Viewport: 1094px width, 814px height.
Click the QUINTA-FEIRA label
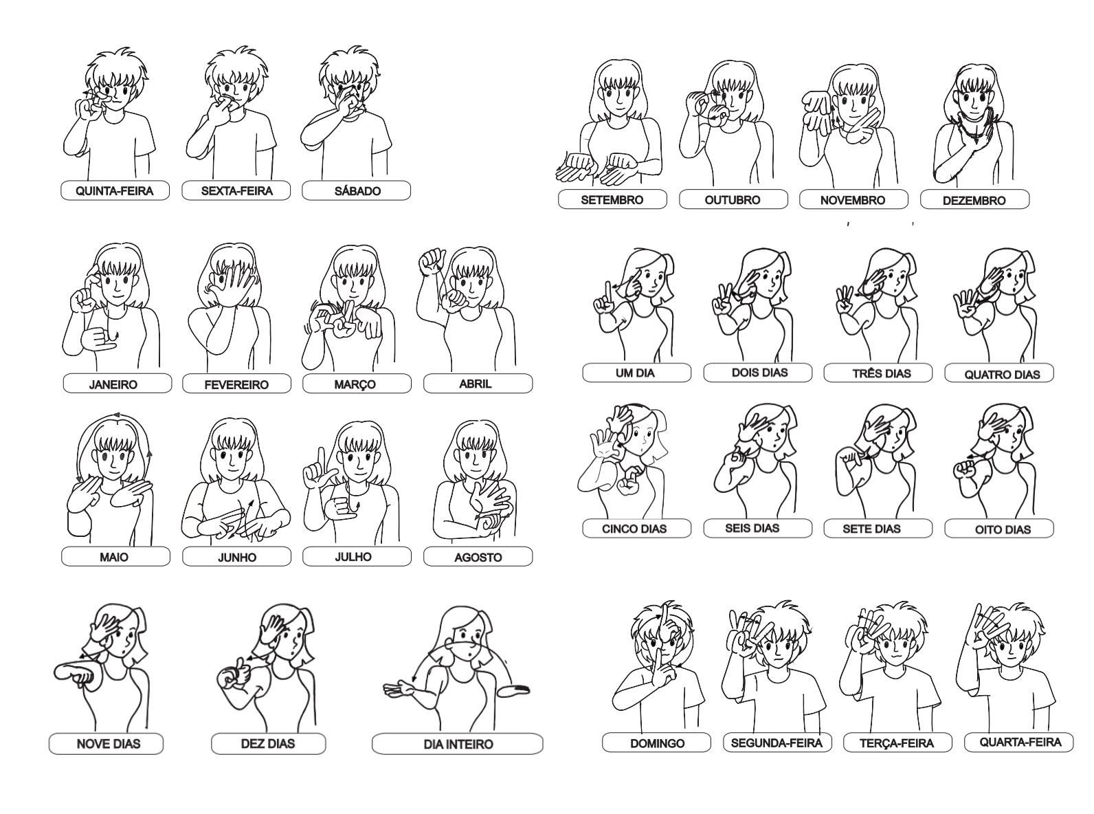tap(115, 190)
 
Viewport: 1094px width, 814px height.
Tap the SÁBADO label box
tap(356, 190)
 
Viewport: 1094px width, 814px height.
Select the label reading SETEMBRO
tap(612, 199)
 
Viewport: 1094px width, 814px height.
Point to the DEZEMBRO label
tap(974, 200)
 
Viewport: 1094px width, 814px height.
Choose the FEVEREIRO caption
tap(237, 384)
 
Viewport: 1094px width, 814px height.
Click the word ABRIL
tap(476, 384)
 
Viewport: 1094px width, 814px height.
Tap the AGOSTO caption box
tap(478, 556)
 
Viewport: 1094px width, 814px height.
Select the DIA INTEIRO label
tap(457, 743)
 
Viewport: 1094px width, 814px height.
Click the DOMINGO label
tap(656, 742)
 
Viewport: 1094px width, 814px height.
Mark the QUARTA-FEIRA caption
tap(1019, 742)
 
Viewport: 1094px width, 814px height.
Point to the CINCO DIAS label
tap(637, 528)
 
